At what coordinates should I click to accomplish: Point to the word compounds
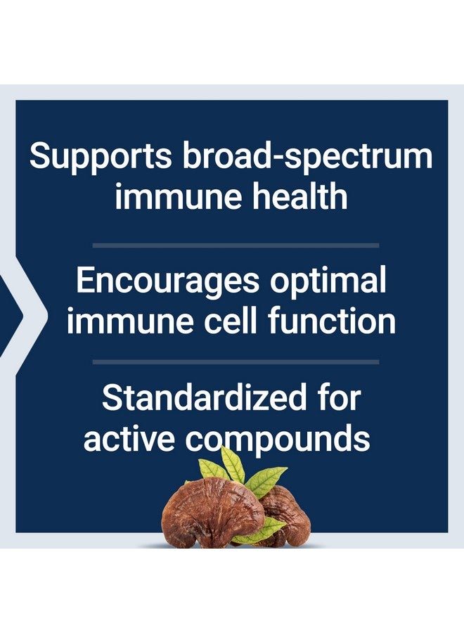[x=278, y=438]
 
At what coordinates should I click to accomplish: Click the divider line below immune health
[x=236, y=245]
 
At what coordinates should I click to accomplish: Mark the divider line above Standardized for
[x=236, y=362]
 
